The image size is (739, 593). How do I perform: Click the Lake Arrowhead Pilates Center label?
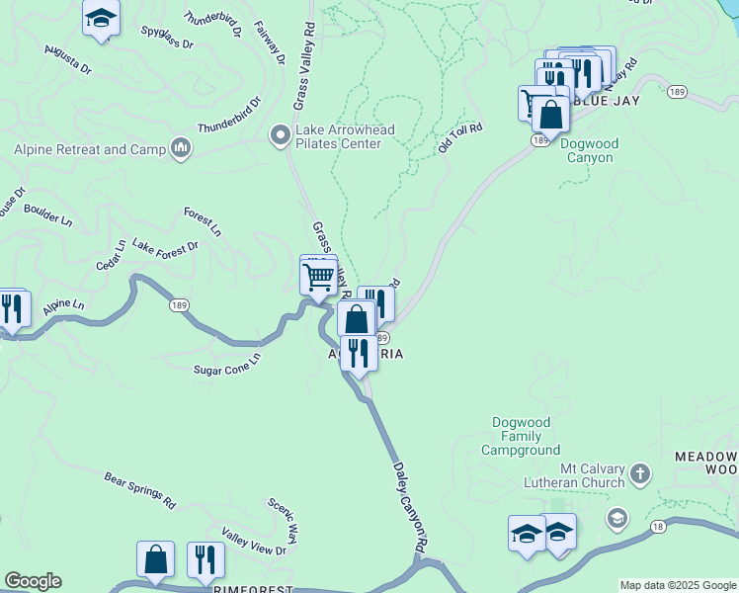tap(339, 136)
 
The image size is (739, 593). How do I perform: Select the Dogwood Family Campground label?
tap(521, 437)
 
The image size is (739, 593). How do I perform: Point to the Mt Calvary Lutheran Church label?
tap(579, 474)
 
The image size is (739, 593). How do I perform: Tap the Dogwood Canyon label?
tap(590, 150)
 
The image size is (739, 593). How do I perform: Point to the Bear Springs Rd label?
tap(139, 489)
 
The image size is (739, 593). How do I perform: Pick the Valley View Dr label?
tap(254, 543)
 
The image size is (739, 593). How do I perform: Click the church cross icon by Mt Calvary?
tap(640, 473)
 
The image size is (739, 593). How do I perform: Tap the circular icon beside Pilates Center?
tap(281, 132)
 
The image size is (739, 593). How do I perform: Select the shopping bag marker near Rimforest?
tap(156, 560)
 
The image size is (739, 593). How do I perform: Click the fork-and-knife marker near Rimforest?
tap(205, 560)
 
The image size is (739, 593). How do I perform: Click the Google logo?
tap(33, 581)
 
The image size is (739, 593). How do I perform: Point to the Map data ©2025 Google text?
tap(677, 585)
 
